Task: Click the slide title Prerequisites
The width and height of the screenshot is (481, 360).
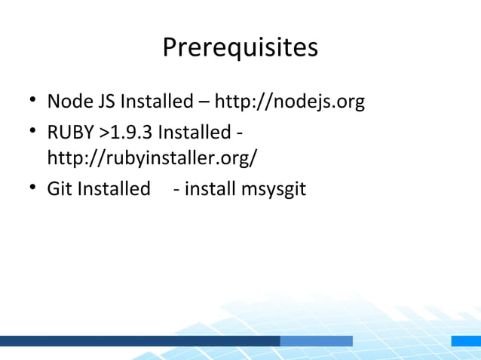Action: (240, 48)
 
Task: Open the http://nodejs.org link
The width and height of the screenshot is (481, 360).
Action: (290, 101)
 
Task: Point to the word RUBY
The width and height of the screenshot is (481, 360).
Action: (70, 133)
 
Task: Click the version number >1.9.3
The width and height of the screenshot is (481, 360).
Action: (125, 133)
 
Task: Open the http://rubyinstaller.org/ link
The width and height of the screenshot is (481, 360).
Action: (152, 159)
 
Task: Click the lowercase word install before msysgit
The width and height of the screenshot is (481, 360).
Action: (209, 189)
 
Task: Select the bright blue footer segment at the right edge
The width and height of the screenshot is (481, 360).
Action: (466, 341)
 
